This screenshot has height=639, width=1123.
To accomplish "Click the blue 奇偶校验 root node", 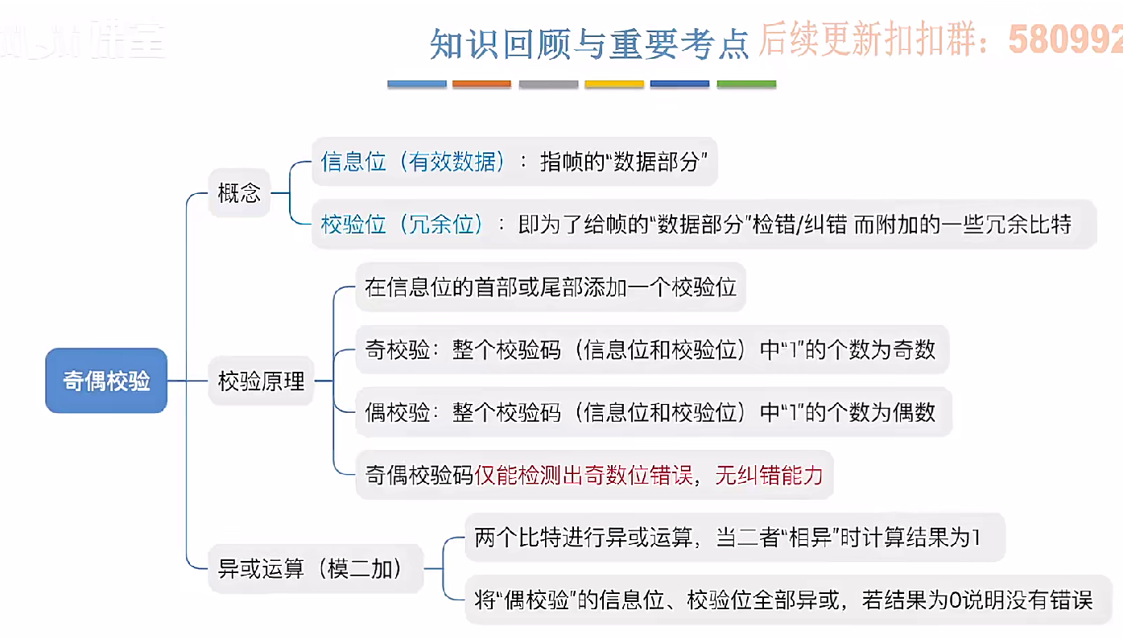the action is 106,381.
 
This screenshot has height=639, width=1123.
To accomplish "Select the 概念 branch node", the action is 239,193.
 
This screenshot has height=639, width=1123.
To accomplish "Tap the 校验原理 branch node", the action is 262,381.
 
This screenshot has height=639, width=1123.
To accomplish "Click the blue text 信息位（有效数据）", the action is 413,162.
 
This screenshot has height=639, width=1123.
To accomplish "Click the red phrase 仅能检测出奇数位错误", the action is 584,475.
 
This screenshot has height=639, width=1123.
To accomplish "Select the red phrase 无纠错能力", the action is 769,475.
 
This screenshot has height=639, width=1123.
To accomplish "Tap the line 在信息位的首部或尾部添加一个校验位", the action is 551,287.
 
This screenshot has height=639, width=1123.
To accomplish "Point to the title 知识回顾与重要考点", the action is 589,43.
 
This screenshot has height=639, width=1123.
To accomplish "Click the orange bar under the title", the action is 481,84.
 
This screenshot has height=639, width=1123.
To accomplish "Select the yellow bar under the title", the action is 613,84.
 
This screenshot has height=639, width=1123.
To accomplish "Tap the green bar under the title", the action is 746,84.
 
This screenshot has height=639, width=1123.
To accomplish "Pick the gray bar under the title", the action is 547,84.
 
